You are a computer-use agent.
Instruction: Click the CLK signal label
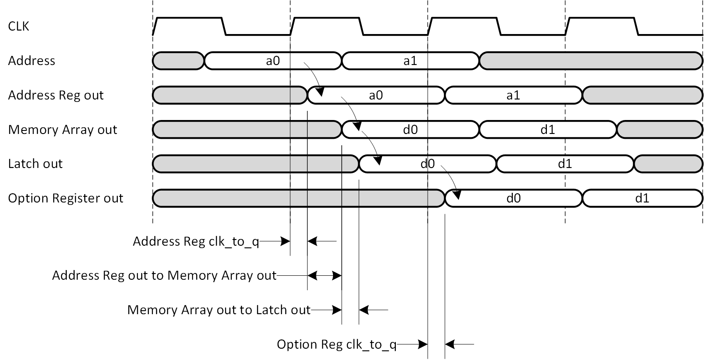(x=19, y=27)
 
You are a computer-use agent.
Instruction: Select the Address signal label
(x=31, y=61)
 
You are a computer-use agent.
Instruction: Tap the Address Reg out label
(x=56, y=95)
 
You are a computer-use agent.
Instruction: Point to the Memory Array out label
(x=62, y=130)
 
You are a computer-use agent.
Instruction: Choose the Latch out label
(x=35, y=164)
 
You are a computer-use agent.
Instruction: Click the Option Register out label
(x=65, y=198)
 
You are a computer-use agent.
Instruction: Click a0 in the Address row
(x=273, y=61)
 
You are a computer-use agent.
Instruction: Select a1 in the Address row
(x=410, y=61)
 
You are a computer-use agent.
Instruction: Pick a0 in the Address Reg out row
(x=376, y=95)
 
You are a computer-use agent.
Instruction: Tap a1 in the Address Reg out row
(x=513, y=95)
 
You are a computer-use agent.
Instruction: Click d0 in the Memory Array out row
(x=410, y=130)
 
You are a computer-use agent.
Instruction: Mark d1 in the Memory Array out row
(x=548, y=130)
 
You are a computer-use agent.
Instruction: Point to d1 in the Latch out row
(x=565, y=164)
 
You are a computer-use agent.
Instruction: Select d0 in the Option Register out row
(x=513, y=198)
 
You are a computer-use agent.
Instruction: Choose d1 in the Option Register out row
(x=642, y=198)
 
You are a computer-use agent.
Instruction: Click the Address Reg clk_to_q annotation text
(x=196, y=241)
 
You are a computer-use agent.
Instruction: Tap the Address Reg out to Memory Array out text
(x=164, y=275)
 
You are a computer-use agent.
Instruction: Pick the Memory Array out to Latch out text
(x=219, y=310)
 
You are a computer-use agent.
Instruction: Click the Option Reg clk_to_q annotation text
(x=337, y=344)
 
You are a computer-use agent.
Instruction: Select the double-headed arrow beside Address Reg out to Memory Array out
(x=324, y=275)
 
